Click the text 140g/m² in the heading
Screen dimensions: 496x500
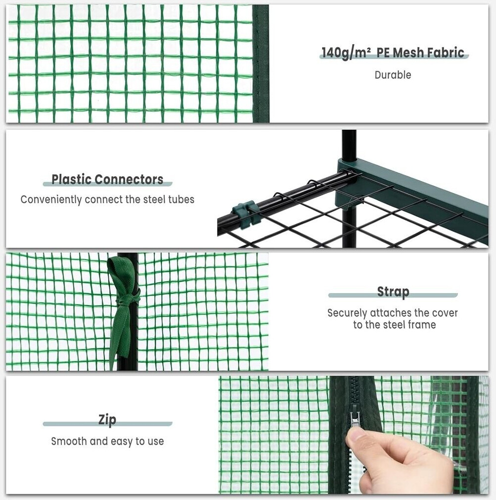coord(346,53)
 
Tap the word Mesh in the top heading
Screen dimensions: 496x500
coord(407,52)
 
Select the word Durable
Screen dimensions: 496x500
coord(393,75)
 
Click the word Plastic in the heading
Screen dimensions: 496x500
coord(72,179)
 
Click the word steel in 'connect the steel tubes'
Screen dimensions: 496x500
coord(154,200)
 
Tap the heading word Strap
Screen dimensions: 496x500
coord(393,292)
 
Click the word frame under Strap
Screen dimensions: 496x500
coord(422,325)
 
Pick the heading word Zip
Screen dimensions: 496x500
coord(107,420)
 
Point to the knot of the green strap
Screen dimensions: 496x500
coord(129,300)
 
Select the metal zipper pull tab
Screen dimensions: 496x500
coord(356,418)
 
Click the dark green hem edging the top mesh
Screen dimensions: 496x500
coord(261,63)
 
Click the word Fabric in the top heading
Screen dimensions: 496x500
coord(446,52)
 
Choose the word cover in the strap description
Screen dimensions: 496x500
coord(445,313)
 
